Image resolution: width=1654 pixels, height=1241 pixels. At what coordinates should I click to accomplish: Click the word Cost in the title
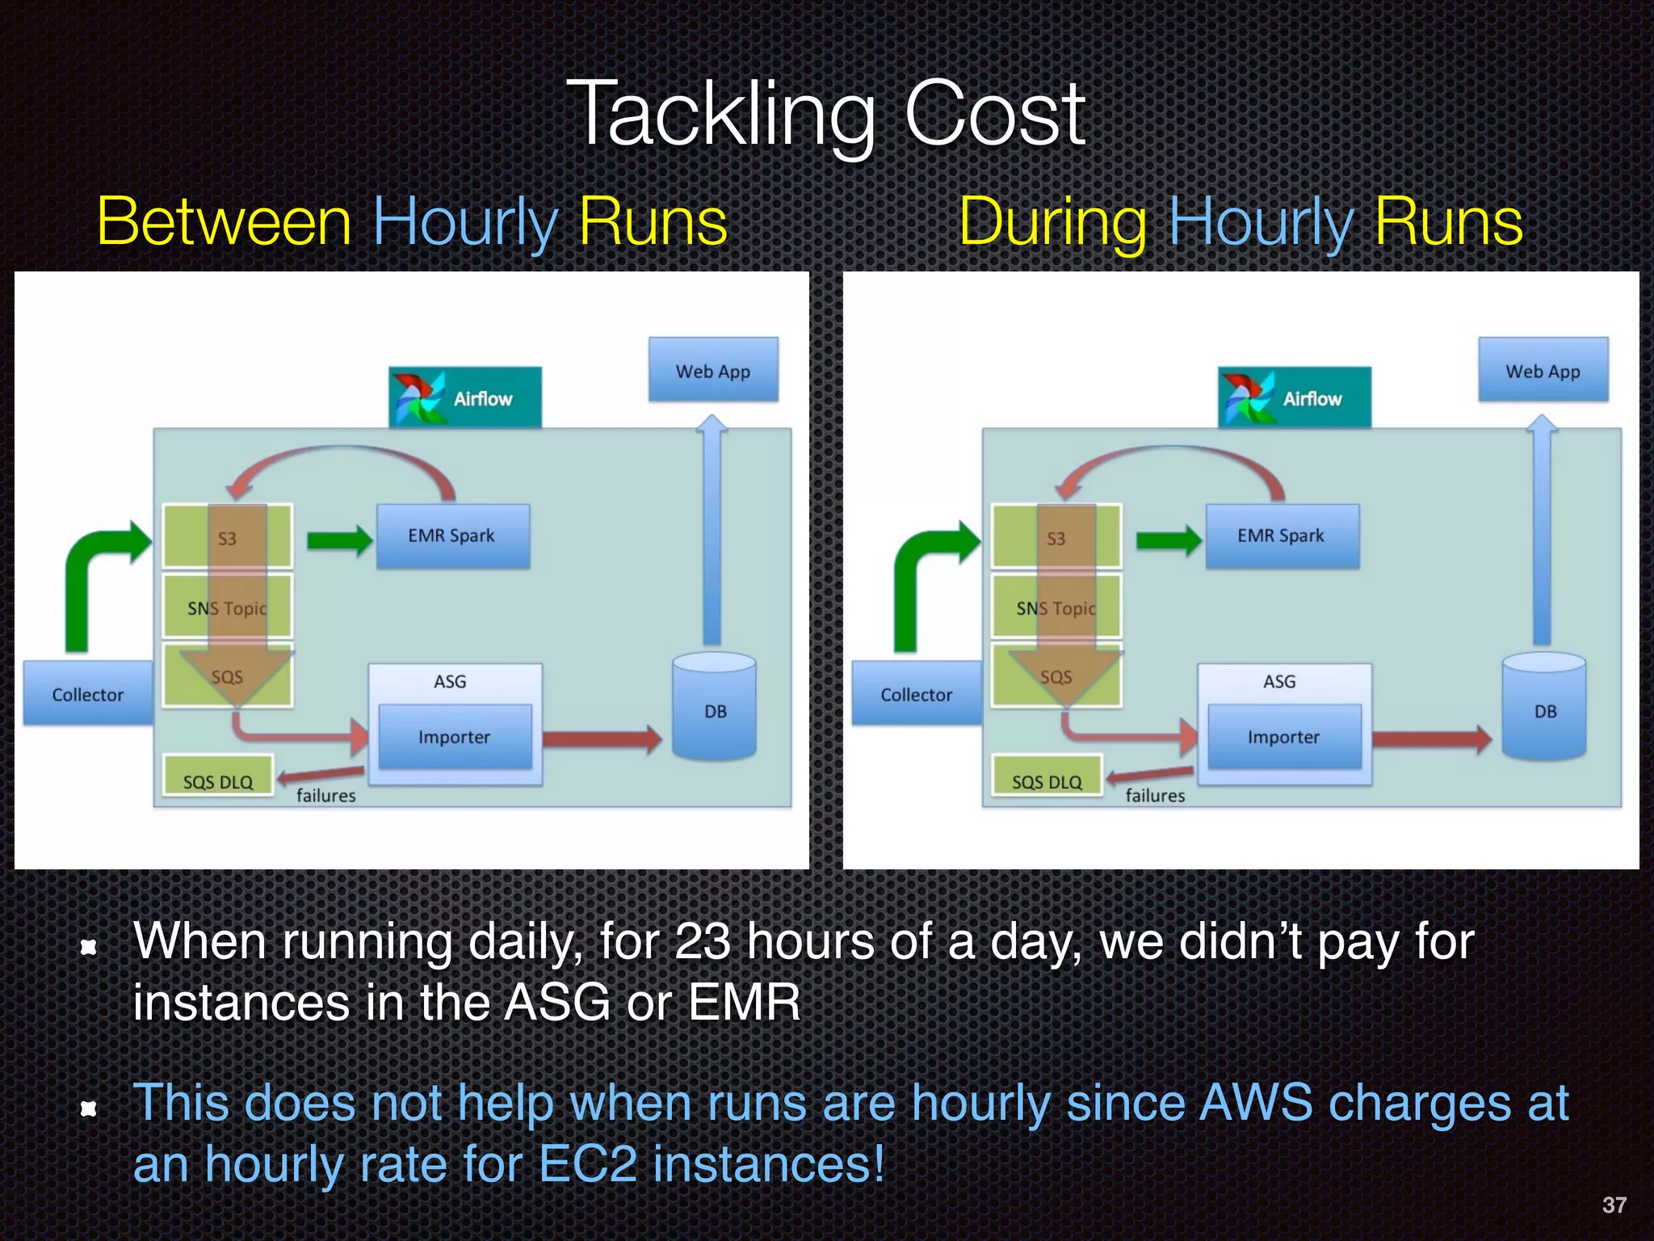(x=994, y=115)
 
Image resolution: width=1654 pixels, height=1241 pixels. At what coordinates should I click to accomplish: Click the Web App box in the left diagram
(x=713, y=370)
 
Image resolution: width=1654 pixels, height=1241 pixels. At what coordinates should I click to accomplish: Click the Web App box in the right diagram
(x=1543, y=370)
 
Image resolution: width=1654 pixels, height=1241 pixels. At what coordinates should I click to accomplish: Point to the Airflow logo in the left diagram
(x=417, y=397)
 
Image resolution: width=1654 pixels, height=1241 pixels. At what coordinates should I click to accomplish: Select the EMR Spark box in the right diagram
(x=1282, y=536)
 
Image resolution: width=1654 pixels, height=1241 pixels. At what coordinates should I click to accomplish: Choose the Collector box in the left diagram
(x=87, y=693)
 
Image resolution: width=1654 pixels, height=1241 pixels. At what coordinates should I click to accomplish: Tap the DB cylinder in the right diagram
(x=1544, y=709)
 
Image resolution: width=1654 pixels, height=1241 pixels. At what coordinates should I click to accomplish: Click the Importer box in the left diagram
(x=455, y=736)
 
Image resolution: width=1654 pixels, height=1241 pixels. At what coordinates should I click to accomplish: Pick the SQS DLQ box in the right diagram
(x=1047, y=779)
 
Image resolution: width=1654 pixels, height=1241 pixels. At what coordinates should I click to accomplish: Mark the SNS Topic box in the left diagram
(x=227, y=608)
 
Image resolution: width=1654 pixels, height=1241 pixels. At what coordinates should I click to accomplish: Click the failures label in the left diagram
(x=325, y=795)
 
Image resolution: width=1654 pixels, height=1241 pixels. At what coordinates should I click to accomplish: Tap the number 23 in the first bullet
(x=701, y=942)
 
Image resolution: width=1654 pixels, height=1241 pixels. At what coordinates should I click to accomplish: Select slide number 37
(x=1614, y=1205)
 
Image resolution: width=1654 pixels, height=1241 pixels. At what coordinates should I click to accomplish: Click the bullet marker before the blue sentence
(x=89, y=1108)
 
